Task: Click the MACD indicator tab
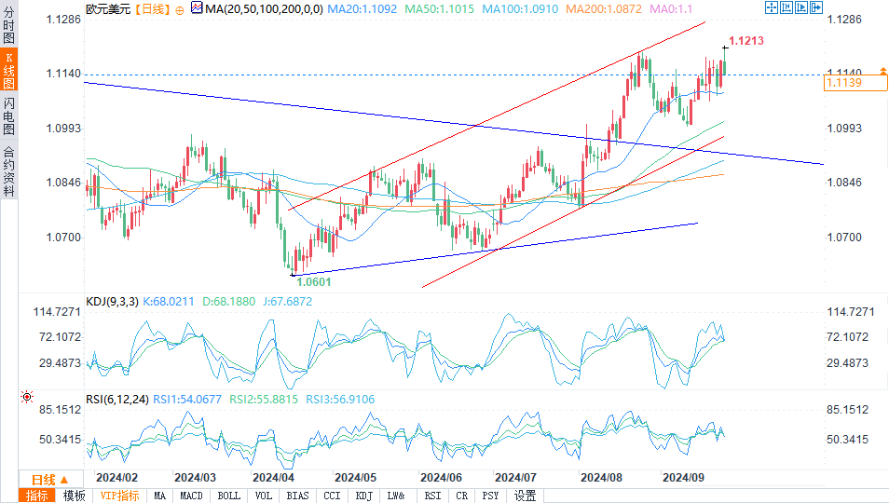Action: click(x=192, y=496)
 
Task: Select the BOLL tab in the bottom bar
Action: click(x=229, y=496)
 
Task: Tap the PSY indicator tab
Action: click(x=490, y=496)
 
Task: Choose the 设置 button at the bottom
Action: click(x=525, y=496)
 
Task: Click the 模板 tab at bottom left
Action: click(x=74, y=496)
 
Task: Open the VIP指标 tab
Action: click(x=119, y=496)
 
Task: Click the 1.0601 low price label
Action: click(x=313, y=280)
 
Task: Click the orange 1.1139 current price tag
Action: click(x=842, y=83)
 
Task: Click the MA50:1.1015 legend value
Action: click(x=444, y=8)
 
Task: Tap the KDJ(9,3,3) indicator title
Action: click(x=112, y=301)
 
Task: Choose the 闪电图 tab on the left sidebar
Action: click(x=9, y=116)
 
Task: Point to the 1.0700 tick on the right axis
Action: click(x=843, y=238)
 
